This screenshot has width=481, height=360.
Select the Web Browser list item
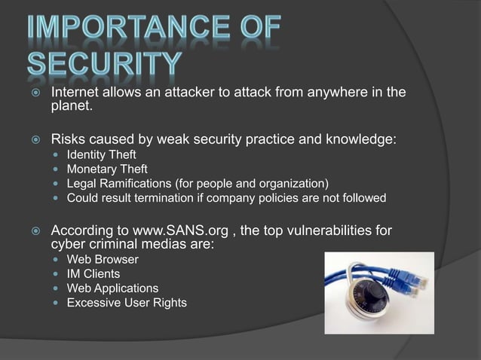[x=103, y=260]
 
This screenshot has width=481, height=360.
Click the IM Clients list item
[x=93, y=274]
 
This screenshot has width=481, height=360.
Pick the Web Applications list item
[x=112, y=288]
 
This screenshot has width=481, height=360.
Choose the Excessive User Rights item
[x=127, y=303]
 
